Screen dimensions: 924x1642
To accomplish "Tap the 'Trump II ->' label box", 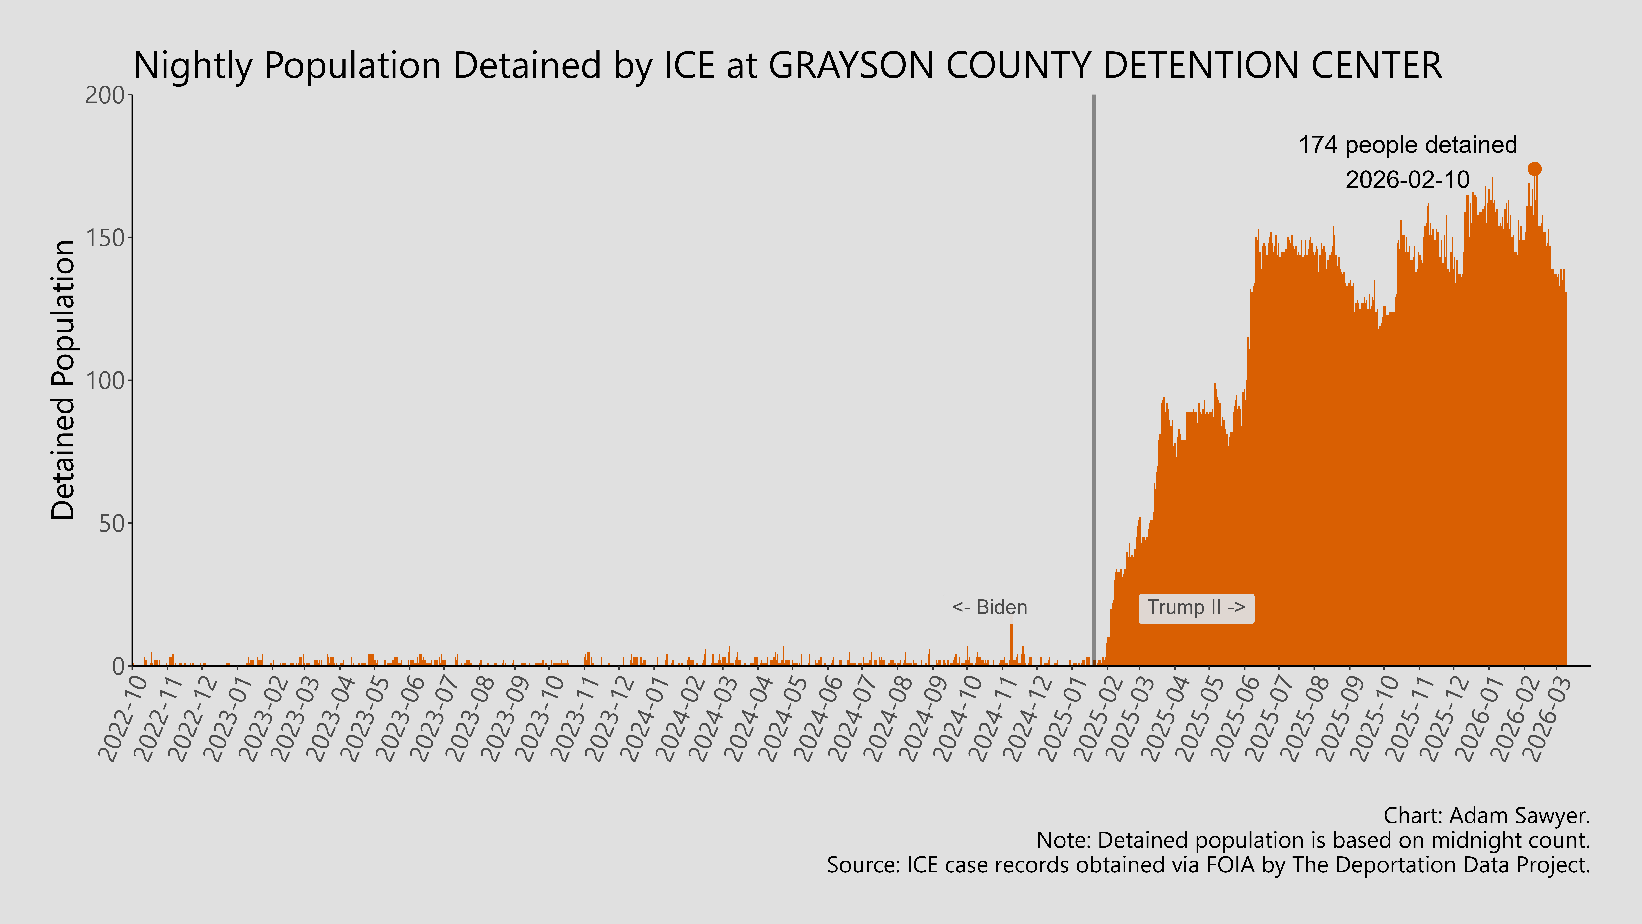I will pos(1196,608).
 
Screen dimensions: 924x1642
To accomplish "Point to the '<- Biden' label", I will pos(989,608).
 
